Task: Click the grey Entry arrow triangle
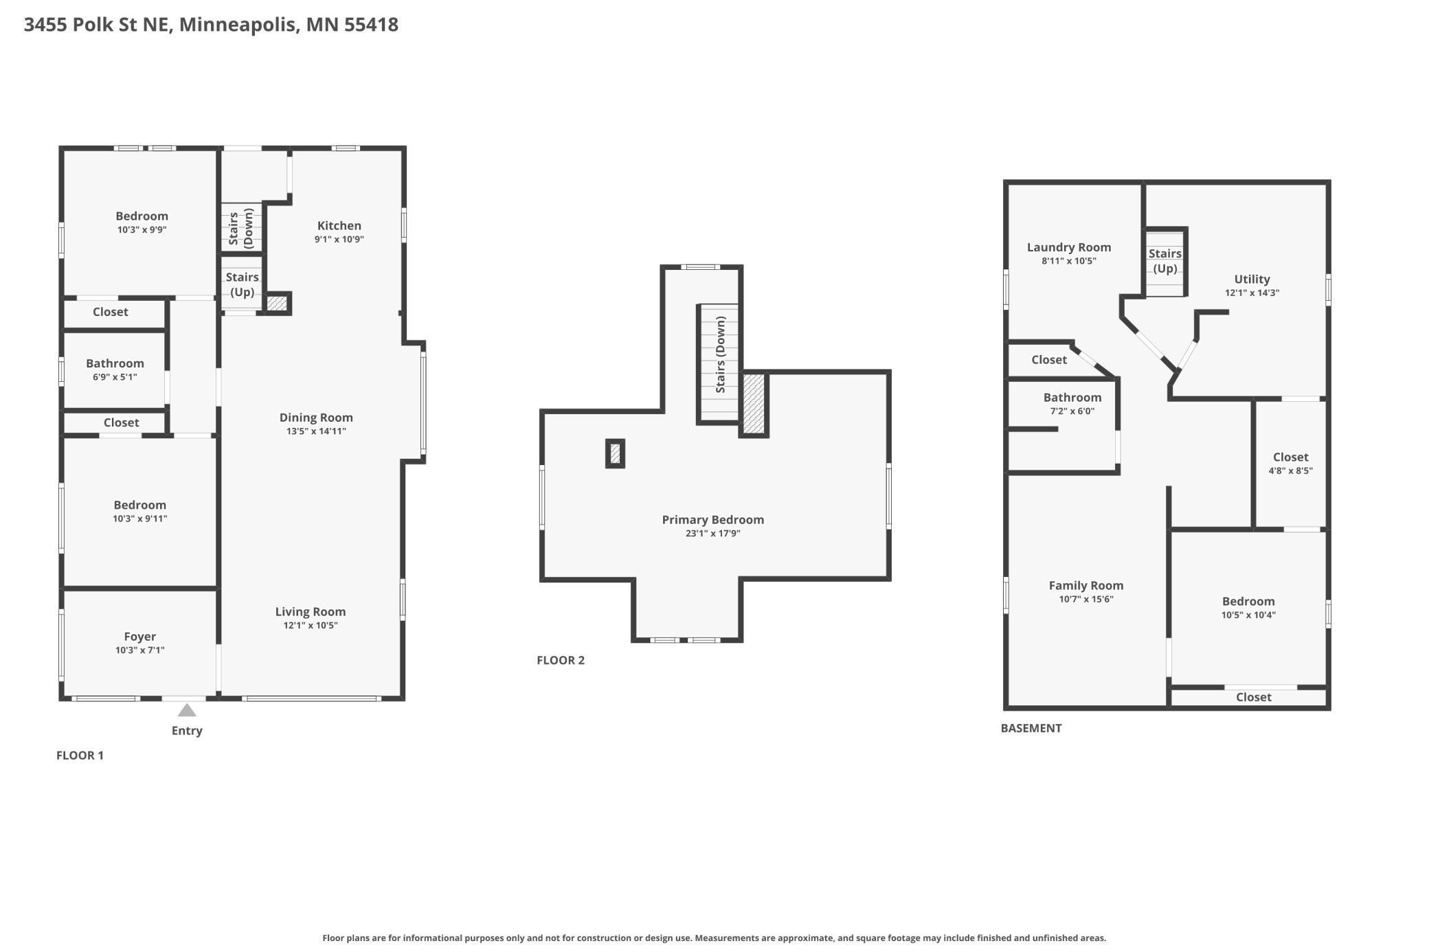click(x=187, y=710)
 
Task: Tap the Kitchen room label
click(x=339, y=225)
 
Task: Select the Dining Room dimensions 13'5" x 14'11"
click(x=316, y=431)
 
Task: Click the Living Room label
click(x=311, y=611)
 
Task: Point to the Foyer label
click(x=140, y=637)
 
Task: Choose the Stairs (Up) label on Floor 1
click(x=242, y=284)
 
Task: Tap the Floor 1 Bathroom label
click(x=115, y=363)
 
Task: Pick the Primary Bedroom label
click(x=713, y=520)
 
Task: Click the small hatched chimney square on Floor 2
click(x=615, y=453)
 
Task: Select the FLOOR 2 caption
click(x=561, y=660)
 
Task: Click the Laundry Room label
click(x=1069, y=247)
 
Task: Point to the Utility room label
click(x=1252, y=279)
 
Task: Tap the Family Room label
click(x=1086, y=585)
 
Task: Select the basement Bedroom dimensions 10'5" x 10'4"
click(x=1248, y=615)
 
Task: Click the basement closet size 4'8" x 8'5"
click(x=1290, y=471)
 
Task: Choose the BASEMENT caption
click(x=1031, y=728)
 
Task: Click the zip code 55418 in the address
click(x=371, y=25)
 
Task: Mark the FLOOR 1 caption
click(x=80, y=756)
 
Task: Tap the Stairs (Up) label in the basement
click(x=1165, y=261)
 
